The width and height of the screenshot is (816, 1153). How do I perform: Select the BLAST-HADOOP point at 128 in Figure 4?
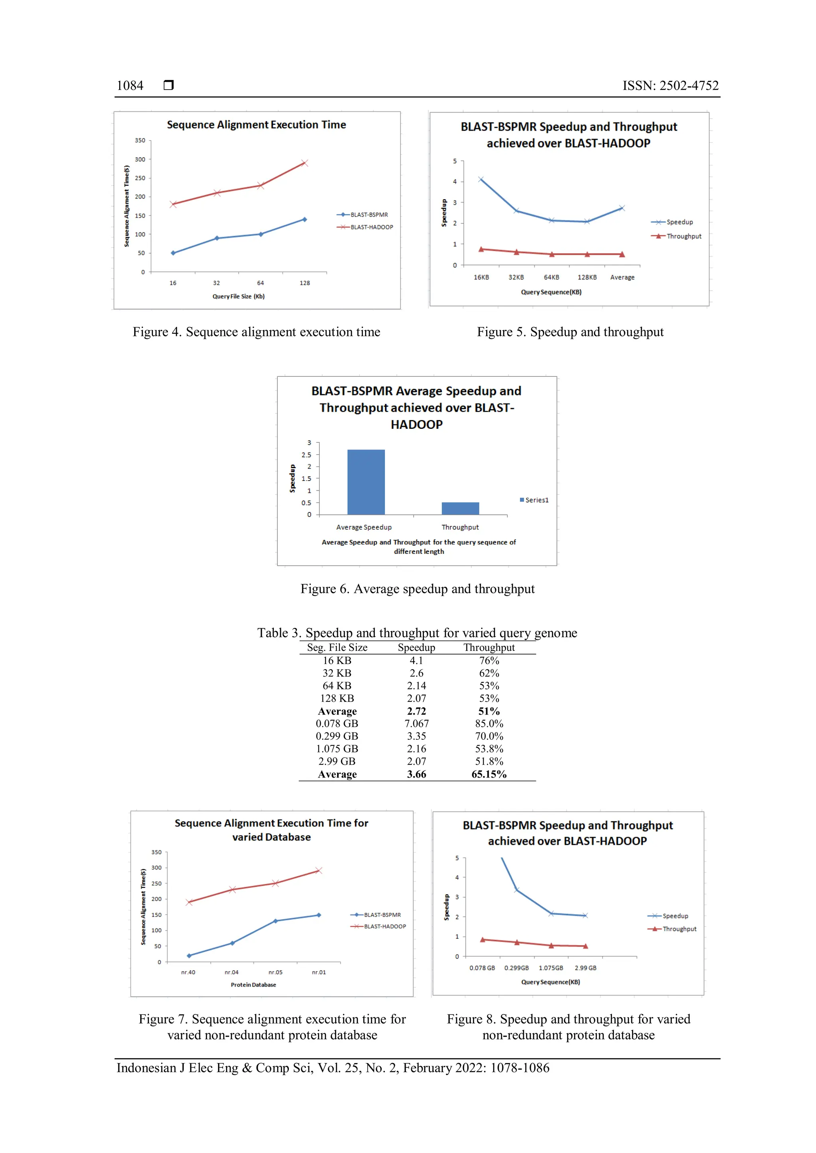coord(304,163)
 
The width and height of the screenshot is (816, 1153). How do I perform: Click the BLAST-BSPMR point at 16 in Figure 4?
coord(173,253)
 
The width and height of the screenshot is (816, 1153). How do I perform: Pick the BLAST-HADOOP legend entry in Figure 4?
coord(365,227)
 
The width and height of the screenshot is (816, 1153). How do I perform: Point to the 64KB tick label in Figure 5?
coord(551,277)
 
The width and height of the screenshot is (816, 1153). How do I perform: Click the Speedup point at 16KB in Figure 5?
coord(481,179)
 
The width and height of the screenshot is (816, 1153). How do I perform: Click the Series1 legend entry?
coord(534,500)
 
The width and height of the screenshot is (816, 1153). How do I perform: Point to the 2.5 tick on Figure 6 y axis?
coord(306,455)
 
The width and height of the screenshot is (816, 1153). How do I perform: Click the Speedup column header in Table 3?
coord(416,647)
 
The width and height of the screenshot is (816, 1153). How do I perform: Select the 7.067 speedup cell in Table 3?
coord(416,724)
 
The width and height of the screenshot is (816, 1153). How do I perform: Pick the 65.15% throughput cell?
coord(488,774)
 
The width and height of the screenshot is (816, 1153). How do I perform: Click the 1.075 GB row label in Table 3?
coord(337,749)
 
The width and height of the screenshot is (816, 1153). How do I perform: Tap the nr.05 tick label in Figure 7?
coord(275,972)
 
